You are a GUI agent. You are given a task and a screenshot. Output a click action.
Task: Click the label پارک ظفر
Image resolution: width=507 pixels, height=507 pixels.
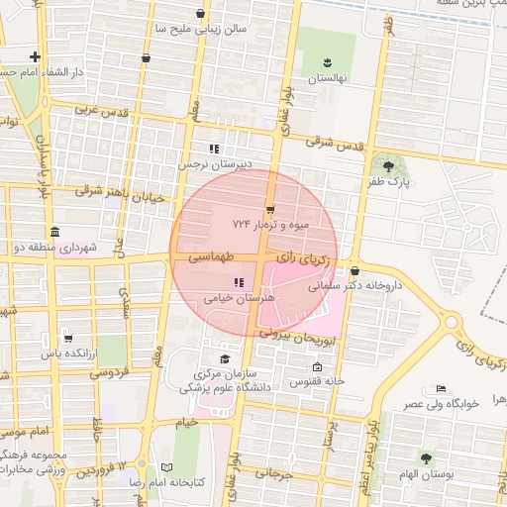(x=392, y=183)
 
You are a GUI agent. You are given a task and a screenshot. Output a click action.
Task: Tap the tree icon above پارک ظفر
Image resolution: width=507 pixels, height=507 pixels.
(x=388, y=165)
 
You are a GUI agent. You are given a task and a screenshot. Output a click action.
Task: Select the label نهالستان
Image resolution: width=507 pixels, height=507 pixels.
(x=325, y=78)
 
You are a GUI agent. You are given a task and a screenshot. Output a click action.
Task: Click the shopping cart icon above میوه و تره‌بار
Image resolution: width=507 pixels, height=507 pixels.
(x=270, y=209)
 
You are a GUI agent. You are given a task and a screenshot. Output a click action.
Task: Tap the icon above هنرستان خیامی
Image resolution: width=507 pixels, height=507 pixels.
(x=236, y=282)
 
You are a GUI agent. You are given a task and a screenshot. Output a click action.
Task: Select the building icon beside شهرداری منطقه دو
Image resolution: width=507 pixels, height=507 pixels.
(x=51, y=233)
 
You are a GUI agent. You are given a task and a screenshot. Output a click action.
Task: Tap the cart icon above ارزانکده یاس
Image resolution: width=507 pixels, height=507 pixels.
(x=67, y=338)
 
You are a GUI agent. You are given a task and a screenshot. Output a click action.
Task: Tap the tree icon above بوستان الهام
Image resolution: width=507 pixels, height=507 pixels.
(x=426, y=458)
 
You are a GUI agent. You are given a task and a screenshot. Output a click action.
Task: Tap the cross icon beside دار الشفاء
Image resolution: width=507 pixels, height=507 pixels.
(x=36, y=56)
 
